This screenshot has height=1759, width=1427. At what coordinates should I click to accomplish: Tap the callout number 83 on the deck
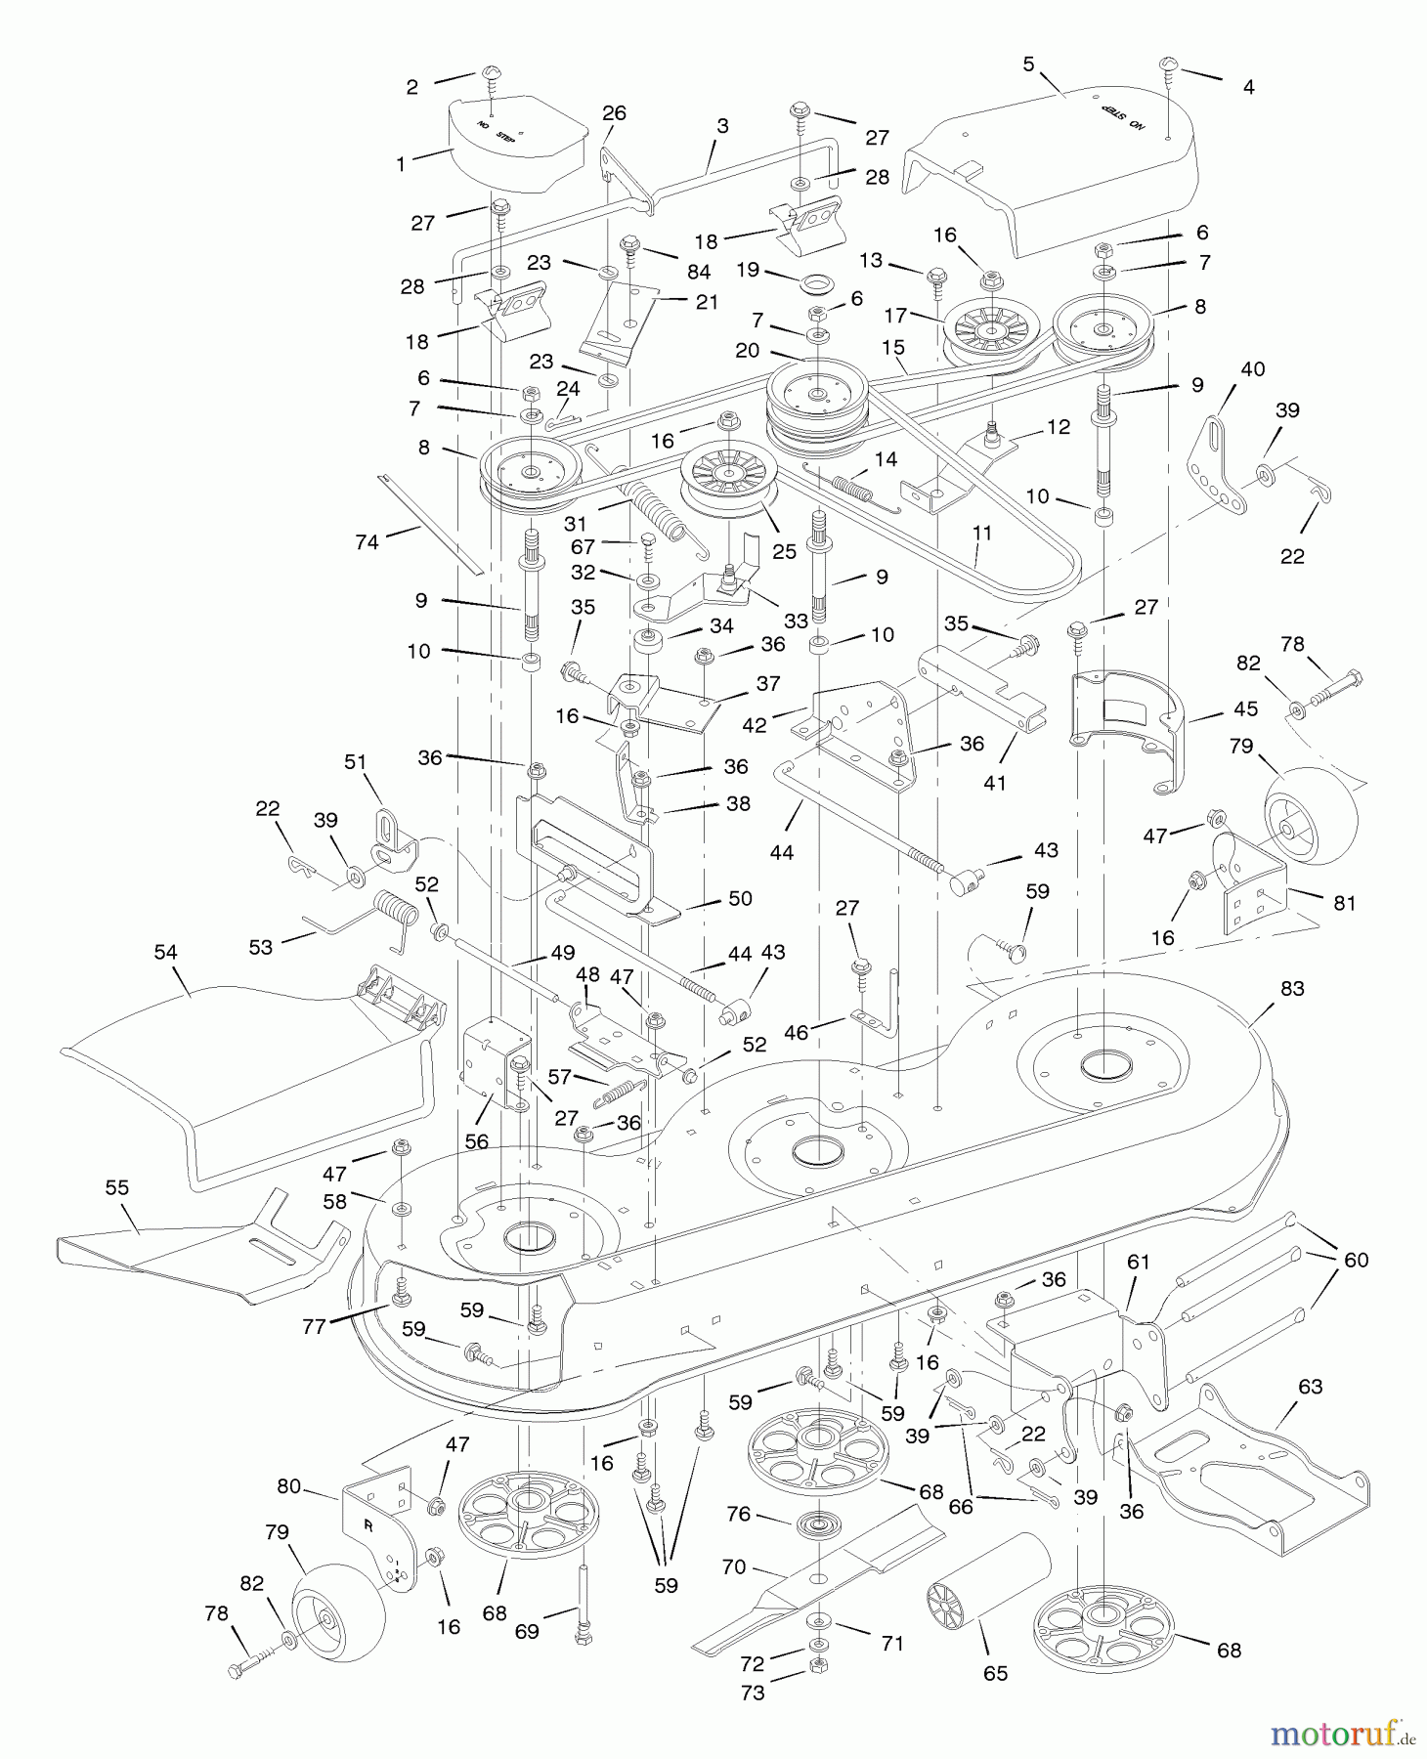[x=1292, y=989]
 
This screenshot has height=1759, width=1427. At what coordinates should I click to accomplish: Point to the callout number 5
[x=1028, y=64]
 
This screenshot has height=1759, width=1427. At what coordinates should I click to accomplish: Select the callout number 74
[x=367, y=541]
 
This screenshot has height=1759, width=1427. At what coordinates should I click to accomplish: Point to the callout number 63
[x=1310, y=1386]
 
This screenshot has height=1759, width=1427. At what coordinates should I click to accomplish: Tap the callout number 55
[x=117, y=1187]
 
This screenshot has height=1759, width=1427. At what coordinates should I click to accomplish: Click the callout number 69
[x=527, y=1631]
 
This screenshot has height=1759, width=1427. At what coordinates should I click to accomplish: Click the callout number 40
[x=1252, y=369]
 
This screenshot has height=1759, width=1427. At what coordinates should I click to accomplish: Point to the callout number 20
[x=747, y=350]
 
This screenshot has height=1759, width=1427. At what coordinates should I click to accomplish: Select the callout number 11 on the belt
[x=982, y=533]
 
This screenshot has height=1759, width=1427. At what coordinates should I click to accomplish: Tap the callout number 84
[x=698, y=273]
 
